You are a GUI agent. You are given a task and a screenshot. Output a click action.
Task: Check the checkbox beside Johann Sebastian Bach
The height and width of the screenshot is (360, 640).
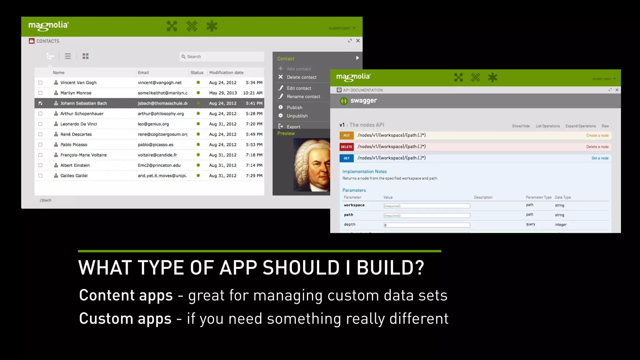tap(40, 103)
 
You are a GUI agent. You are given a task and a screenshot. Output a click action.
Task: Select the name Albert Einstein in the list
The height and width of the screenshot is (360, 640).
tap(75, 165)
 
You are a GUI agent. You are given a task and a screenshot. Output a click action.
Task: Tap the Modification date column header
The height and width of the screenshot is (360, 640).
tap(226, 72)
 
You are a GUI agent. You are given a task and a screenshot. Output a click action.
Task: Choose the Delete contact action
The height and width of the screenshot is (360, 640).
tap(301, 77)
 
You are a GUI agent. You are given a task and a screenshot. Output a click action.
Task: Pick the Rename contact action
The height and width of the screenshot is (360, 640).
tap(303, 97)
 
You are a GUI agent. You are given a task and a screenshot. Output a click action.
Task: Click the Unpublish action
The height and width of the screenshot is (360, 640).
tap(297, 116)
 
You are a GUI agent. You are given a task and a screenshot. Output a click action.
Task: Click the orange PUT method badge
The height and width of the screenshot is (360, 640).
tap(347, 136)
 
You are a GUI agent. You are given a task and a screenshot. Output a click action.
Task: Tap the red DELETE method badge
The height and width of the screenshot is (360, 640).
tap(347, 147)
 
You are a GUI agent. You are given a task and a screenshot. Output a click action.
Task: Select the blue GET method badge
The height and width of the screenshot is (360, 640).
tap(347, 158)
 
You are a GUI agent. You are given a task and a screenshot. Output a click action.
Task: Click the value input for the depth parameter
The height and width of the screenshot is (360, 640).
tap(427, 225)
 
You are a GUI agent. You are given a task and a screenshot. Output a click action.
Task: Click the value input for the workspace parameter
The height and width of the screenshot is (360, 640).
tap(427, 206)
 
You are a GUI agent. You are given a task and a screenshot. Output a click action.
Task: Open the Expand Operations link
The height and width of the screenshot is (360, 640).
tap(580, 126)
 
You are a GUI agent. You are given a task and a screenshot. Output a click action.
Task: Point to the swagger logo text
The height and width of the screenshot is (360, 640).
tap(363, 101)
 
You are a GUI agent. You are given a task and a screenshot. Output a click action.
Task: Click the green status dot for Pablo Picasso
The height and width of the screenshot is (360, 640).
tap(198, 145)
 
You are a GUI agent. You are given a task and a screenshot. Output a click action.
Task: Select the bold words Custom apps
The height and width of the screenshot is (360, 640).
tap(125, 319)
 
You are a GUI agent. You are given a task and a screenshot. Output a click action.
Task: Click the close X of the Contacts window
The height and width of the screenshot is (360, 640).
tap(358, 41)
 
